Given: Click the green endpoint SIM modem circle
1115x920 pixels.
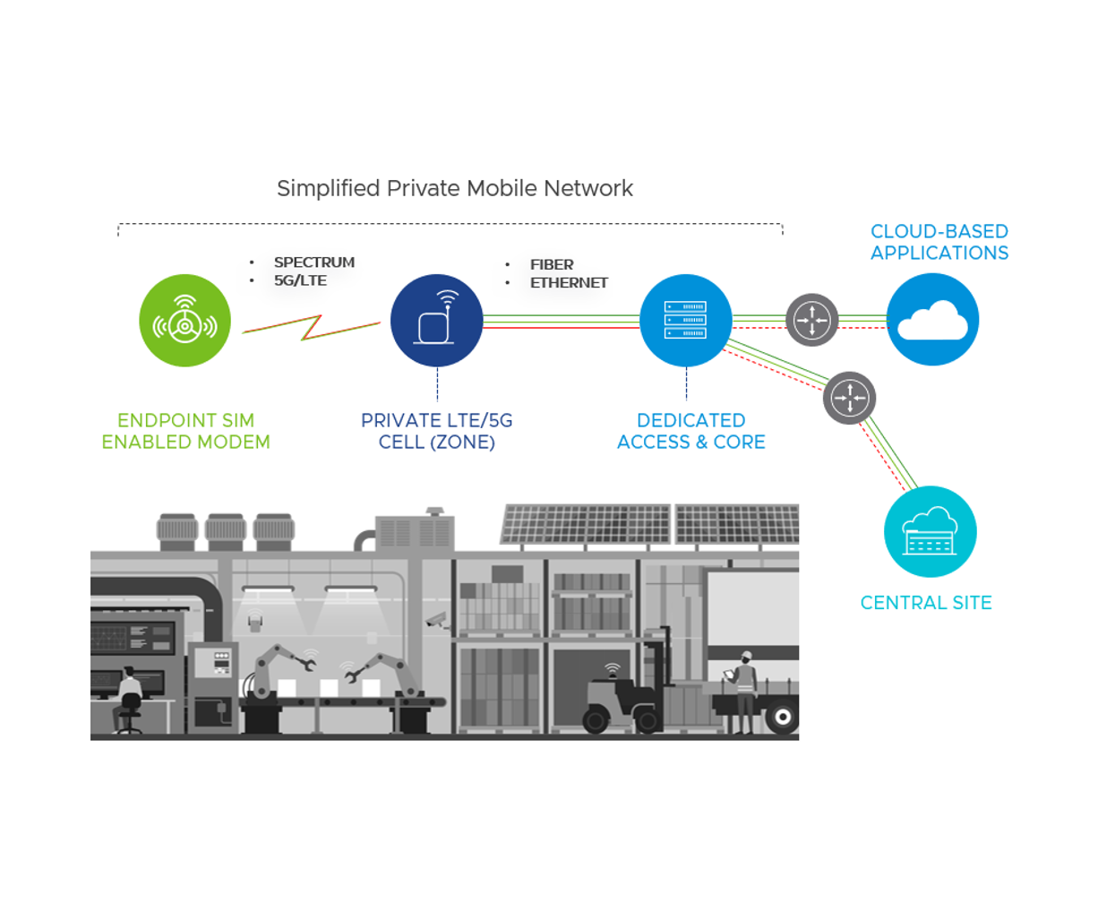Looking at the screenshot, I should tap(184, 320).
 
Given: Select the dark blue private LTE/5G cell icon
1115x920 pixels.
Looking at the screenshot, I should tap(436, 320).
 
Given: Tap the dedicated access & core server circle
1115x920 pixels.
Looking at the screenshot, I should tap(685, 320).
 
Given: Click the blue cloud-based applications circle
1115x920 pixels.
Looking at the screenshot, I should tap(932, 320).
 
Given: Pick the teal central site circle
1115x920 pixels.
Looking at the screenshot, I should tap(930, 531).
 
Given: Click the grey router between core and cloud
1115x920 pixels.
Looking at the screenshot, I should tap(811, 320).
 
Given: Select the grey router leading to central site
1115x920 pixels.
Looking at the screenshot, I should tap(849, 398).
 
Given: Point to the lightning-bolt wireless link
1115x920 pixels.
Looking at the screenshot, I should tap(311, 327).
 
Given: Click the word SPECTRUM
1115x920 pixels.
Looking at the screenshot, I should tap(313, 262).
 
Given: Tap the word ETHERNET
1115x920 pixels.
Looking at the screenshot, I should tap(569, 283).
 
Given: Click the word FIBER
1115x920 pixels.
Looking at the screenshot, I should tap(552, 264).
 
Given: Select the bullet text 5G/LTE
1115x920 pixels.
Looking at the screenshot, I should tap(300, 280).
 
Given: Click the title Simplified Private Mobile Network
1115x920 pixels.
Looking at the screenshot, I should tap(454, 188).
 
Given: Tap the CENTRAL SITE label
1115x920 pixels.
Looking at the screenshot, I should tap(926, 603).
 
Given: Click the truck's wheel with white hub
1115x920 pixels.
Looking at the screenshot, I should tap(783, 717).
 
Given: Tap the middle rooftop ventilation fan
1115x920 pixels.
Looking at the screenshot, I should tap(225, 530).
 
